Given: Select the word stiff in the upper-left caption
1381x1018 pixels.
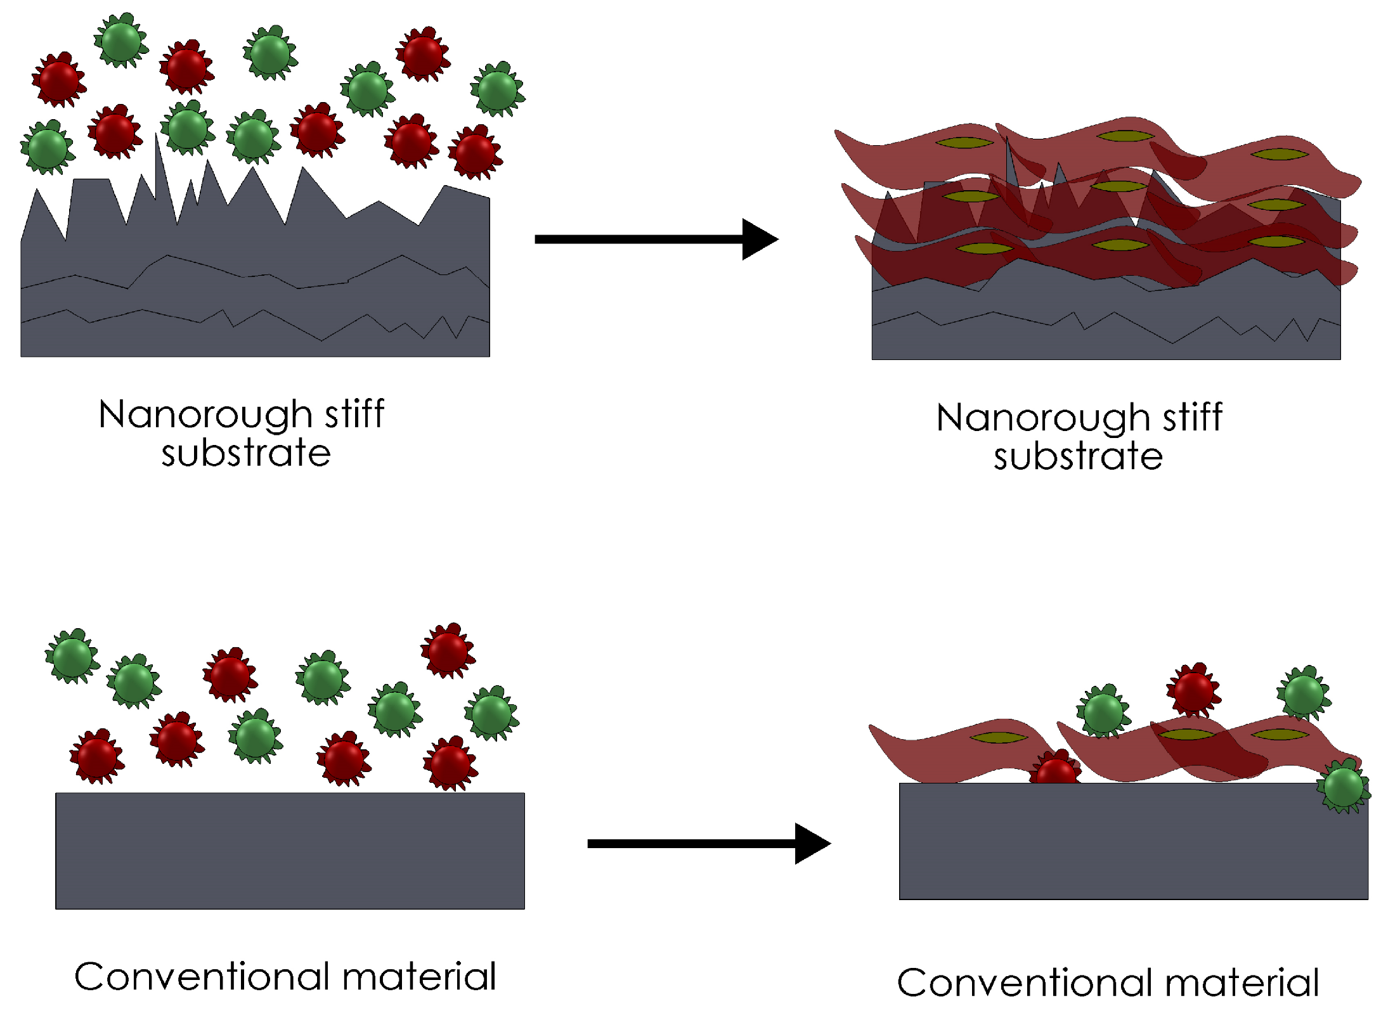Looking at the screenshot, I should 354,415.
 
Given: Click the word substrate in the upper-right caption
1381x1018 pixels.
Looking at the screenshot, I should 1077,456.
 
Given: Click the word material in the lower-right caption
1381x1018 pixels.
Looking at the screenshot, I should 1242,983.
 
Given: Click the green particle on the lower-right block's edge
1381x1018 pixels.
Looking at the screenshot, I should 1343,786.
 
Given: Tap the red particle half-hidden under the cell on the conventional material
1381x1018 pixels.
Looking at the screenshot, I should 1055,770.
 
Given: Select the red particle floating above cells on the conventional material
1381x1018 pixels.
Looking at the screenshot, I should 1193,689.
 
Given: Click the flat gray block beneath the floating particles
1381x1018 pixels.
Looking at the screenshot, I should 290,851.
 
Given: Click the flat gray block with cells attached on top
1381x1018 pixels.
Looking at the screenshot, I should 1133,841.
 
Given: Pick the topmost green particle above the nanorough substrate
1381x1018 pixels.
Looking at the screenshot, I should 121,40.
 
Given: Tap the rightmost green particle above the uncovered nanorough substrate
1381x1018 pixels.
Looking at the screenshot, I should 497,89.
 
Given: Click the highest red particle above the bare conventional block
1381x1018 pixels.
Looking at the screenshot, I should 448,650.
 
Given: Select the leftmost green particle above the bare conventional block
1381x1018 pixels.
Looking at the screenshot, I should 72,656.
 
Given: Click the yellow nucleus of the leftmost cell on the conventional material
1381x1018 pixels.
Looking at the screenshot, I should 999,737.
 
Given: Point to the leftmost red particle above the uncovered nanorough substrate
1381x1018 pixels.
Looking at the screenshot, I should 59,80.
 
